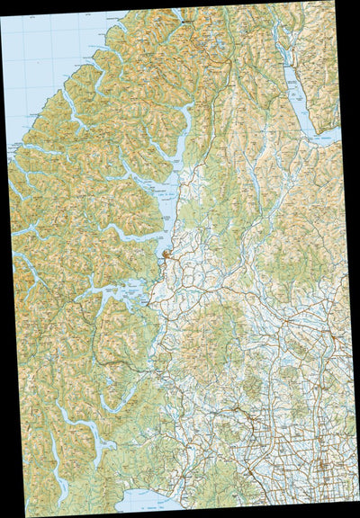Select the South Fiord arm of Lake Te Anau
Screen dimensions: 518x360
[x=135, y=237]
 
